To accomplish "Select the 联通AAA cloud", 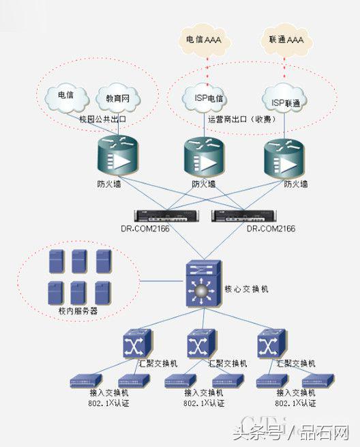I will pyautogui.click(x=286, y=40).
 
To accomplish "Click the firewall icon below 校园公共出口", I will pyautogui.click(x=115, y=156).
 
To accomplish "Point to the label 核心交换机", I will pyautogui.click(x=246, y=289).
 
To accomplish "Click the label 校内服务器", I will pyautogui.click(x=78, y=311).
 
